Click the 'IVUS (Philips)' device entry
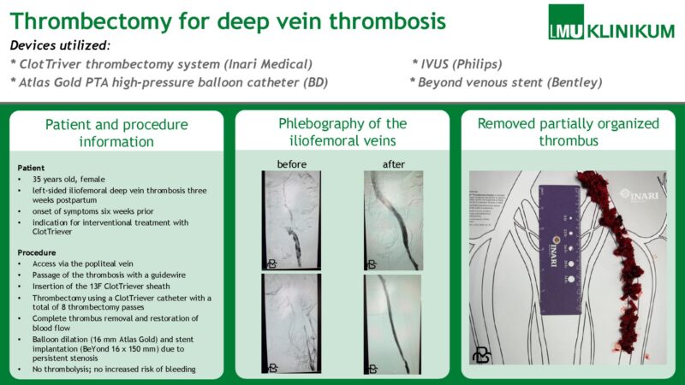click(457, 63)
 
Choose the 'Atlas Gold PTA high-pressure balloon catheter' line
click(169, 82)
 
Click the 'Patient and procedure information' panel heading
click(116, 133)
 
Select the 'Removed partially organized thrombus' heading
click(569, 133)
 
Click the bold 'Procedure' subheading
click(36, 253)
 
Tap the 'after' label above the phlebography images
click(393, 164)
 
